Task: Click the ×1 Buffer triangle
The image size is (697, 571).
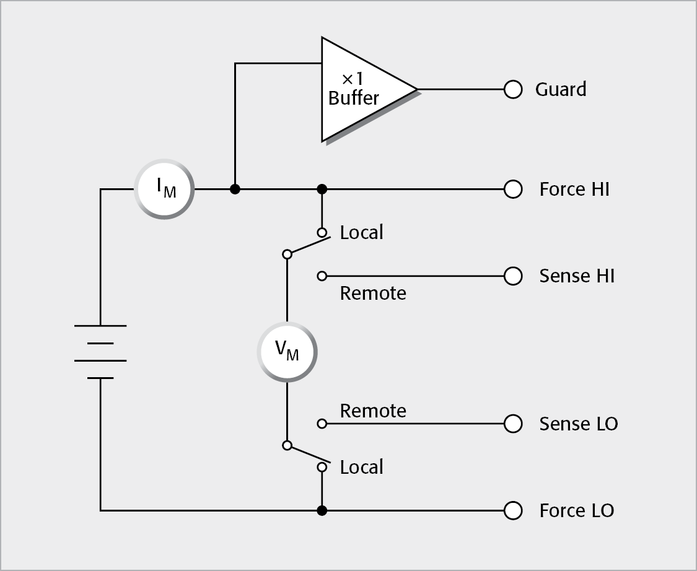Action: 359,90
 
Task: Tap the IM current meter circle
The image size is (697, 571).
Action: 164,189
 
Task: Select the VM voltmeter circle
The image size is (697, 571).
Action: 287,352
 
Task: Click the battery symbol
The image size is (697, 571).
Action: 100,351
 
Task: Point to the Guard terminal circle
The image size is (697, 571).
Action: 513,90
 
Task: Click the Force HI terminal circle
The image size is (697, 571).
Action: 513,189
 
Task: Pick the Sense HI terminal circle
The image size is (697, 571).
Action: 513,276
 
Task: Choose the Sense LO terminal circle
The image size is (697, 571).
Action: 513,424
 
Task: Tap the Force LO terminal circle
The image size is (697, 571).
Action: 513,510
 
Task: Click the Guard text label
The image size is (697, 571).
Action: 561,90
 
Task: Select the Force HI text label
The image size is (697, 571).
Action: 574,189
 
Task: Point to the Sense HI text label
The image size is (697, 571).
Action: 577,276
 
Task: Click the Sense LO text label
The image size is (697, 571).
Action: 578,424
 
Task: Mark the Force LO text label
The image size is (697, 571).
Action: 576,510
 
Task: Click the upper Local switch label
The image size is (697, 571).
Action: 362,233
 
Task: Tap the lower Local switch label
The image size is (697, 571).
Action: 362,467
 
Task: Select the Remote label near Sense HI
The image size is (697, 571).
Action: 373,293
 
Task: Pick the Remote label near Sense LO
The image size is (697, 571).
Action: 373,411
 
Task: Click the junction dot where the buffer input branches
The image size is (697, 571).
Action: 235,189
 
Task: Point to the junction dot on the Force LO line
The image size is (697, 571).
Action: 322,510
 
